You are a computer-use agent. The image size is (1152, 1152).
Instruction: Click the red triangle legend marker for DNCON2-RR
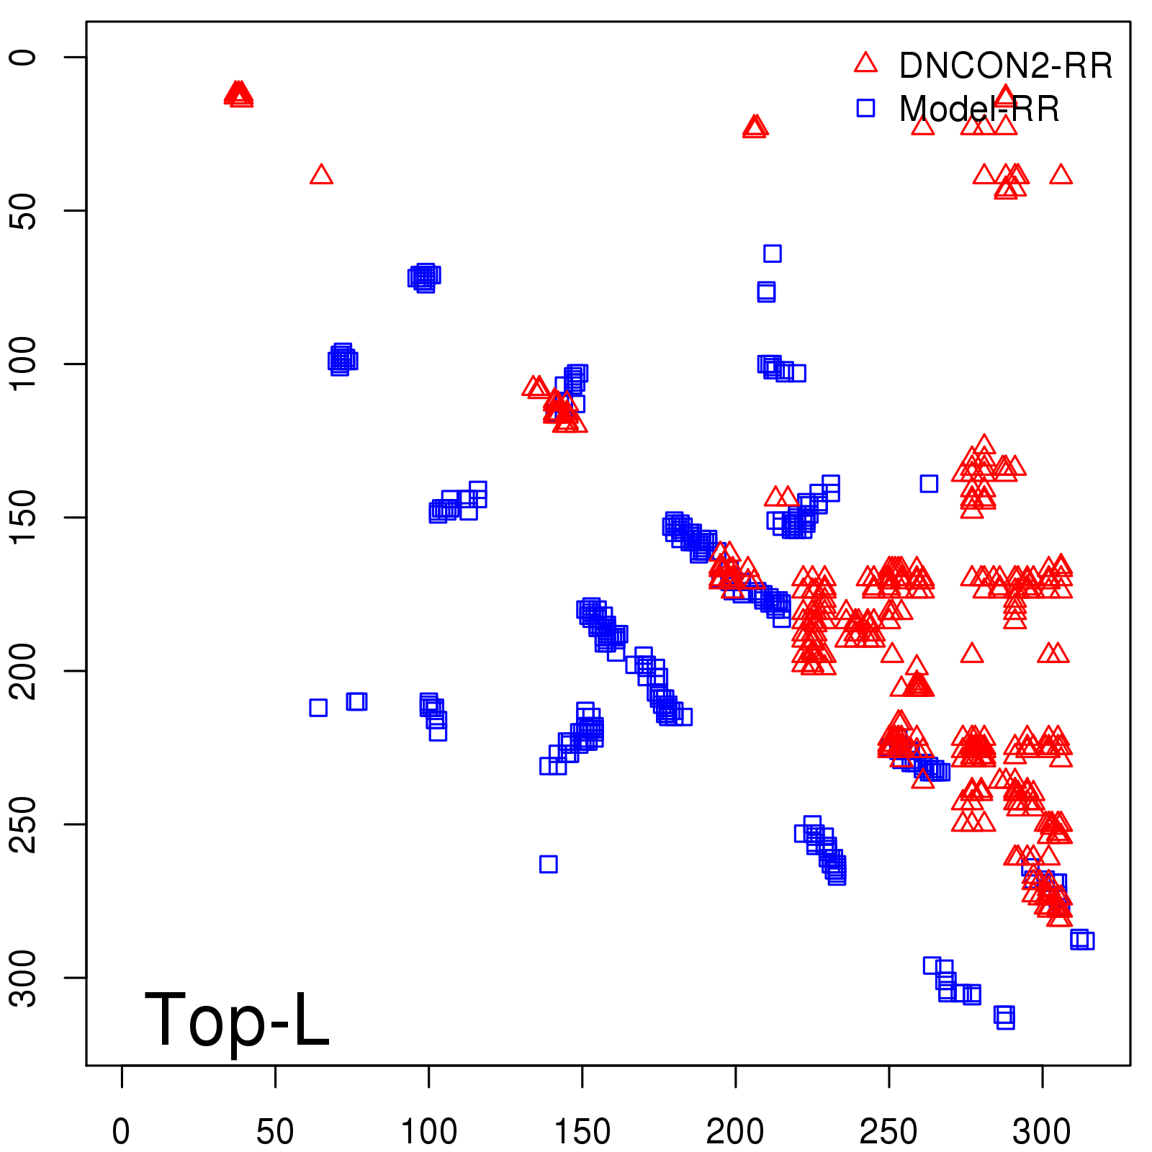tap(865, 63)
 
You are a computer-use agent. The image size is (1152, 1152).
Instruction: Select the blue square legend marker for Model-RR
tap(865, 108)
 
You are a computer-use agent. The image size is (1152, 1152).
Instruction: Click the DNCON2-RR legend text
tap(1006, 66)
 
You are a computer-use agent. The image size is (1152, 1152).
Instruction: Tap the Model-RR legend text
tap(979, 109)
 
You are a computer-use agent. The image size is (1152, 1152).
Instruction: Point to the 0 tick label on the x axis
tap(121, 1132)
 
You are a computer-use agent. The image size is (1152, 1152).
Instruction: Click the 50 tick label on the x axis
tap(275, 1132)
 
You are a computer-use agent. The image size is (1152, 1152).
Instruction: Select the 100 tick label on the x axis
tap(428, 1132)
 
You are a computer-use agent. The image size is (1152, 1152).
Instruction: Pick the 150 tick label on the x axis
tap(582, 1132)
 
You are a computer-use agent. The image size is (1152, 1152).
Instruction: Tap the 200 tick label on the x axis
tap(735, 1132)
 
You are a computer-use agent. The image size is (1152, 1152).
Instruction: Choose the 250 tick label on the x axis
tap(888, 1132)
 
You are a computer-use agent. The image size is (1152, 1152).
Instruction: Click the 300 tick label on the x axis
tap(1042, 1132)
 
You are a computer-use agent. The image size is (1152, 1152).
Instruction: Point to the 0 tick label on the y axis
tap(24, 57)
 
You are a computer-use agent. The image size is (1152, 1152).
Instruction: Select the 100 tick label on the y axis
tap(24, 364)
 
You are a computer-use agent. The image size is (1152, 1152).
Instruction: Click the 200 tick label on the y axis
tap(24, 670)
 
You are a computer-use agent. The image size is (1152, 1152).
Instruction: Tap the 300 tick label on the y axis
tap(24, 977)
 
